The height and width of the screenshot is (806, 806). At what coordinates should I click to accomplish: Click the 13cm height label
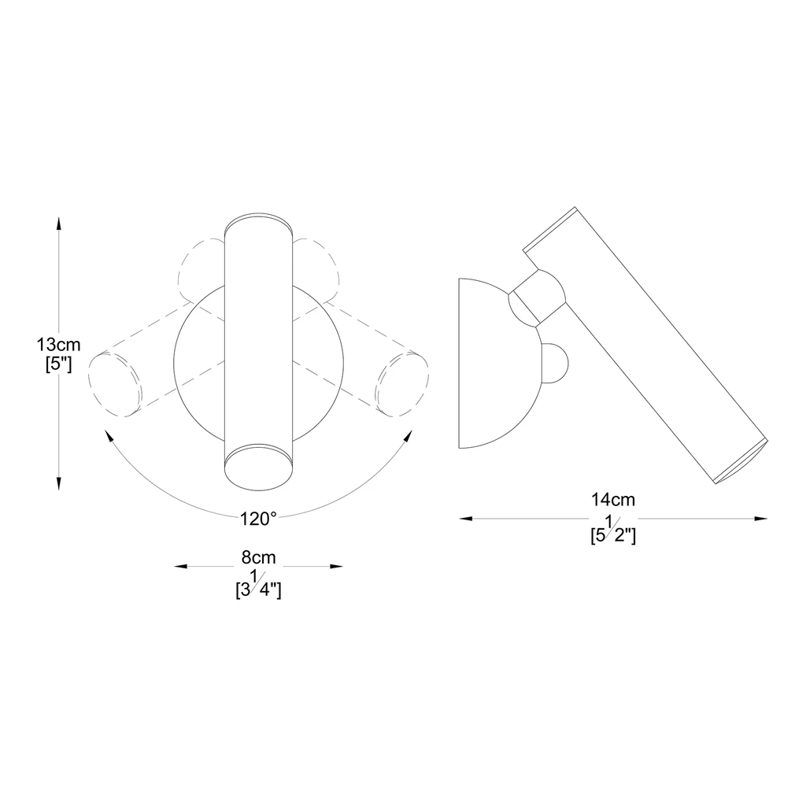pyautogui.click(x=58, y=344)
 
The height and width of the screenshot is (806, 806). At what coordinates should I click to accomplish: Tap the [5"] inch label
pyautogui.click(x=58, y=364)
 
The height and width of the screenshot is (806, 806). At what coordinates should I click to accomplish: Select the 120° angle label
pyautogui.click(x=258, y=519)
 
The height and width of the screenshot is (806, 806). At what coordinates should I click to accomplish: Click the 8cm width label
pyautogui.click(x=258, y=557)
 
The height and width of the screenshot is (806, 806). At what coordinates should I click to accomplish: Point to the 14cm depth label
pyautogui.click(x=613, y=499)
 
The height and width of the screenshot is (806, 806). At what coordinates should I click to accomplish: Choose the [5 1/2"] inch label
pyautogui.click(x=613, y=530)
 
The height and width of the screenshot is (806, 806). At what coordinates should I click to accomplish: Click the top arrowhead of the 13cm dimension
pyautogui.click(x=58, y=224)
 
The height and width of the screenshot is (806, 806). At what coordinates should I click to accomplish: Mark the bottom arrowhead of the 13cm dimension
pyautogui.click(x=58, y=483)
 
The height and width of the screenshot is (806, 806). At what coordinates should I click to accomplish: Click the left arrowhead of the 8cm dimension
pyautogui.click(x=181, y=567)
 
